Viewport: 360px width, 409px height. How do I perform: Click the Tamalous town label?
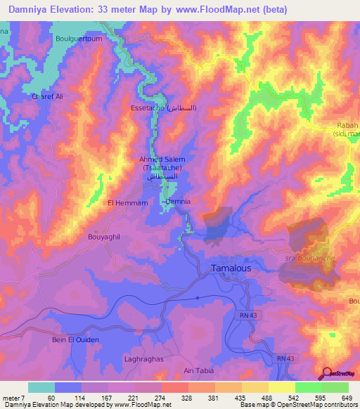231,268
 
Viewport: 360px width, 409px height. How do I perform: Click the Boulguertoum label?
79,39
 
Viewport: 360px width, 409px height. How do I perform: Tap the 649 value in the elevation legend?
347,397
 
